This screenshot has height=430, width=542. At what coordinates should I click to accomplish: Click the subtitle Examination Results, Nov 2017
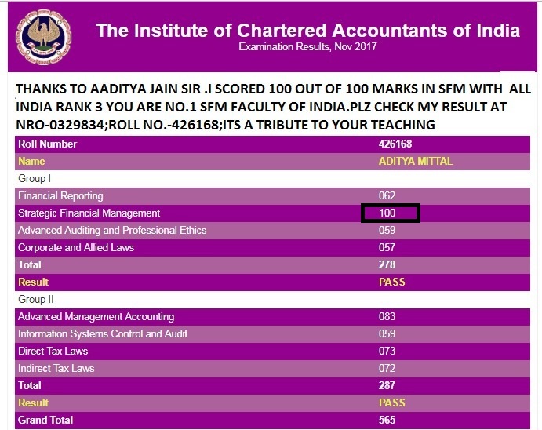click(307, 47)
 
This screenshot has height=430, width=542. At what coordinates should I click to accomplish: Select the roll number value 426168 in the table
click(395, 144)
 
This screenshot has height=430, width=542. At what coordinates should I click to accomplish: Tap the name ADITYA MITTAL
click(416, 162)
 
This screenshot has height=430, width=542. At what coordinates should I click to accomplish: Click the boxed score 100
click(390, 213)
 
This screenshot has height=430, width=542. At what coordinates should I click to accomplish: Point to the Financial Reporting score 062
click(387, 196)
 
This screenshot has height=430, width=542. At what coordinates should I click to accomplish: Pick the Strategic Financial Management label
click(89, 213)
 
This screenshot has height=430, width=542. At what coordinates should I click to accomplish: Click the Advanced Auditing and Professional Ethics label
click(112, 231)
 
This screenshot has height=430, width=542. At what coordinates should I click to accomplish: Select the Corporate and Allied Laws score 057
click(387, 248)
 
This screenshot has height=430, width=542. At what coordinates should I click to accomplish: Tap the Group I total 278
click(387, 265)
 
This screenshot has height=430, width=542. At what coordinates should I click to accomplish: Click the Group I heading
click(35, 179)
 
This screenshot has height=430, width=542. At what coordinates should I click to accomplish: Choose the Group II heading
click(36, 300)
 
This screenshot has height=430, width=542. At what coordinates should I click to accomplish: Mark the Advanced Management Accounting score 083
click(387, 317)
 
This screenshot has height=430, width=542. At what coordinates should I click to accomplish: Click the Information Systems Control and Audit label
click(102, 334)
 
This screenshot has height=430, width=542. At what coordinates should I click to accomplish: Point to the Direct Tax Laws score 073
click(387, 352)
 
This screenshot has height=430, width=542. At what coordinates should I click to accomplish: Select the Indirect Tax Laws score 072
click(387, 369)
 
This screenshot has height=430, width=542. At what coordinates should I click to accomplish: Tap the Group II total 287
click(387, 386)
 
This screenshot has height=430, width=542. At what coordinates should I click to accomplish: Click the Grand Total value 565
click(387, 421)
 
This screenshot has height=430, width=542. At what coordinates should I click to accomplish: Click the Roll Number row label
click(48, 144)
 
